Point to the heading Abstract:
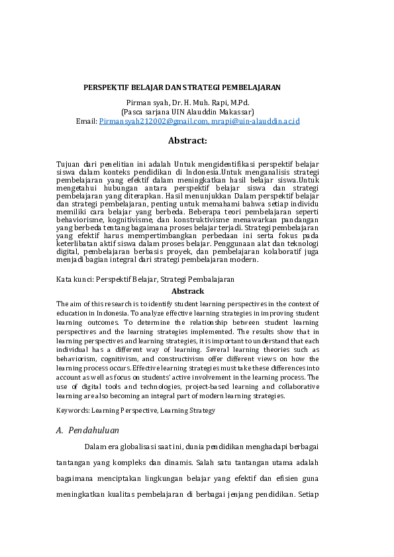(x=188, y=140)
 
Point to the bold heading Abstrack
(x=188, y=291)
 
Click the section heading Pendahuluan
(x=93, y=430)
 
